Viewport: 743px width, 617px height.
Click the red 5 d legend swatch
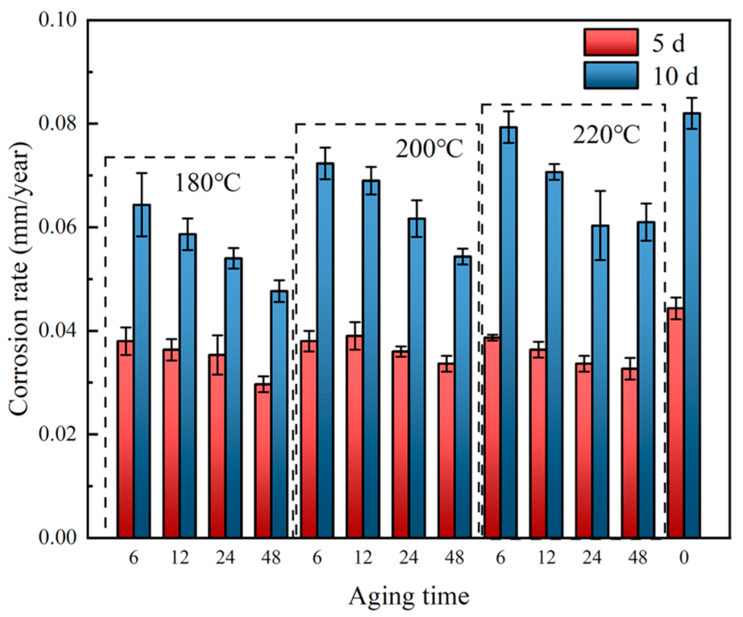pyautogui.click(x=611, y=42)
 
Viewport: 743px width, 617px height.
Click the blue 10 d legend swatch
pyautogui.click(x=611, y=75)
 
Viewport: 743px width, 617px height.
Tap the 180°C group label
pyautogui.click(x=208, y=183)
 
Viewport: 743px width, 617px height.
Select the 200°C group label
pyautogui.click(x=429, y=149)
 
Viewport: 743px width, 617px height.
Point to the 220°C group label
pyautogui.click(x=606, y=135)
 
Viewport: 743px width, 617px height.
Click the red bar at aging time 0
pyautogui.click(x=676, y=423)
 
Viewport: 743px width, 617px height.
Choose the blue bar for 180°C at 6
pyautogui.click(x=142, y=371)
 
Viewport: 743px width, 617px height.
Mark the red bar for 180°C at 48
pyautogui.click(x=263, y=461)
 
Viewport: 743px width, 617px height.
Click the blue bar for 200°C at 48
pyautogui.click(x=463, y=397)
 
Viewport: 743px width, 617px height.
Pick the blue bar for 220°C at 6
pyautogui.click(x=509, y=332)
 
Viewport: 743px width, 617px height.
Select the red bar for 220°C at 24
pyautogui.click(x=584, y=450)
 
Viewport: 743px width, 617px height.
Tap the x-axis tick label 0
pyautogui.click(x=684, y=558)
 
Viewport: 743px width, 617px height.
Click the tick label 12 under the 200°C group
pyautogui.click(x=363, y=558)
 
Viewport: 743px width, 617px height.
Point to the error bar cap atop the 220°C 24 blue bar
pyautogui.click(x=600, y=191)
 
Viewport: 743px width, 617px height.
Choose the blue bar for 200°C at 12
pyautogui.click(x=371, y=359)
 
